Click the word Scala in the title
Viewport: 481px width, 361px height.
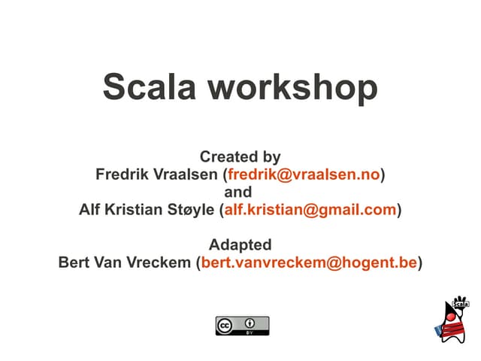[150, 86]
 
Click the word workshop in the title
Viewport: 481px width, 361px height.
[292, 86]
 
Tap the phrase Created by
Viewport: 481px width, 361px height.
[240, 157]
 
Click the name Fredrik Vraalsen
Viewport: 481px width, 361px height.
[156, 174]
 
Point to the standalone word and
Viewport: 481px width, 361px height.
[239, 192]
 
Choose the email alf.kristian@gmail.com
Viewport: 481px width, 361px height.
[310, 209]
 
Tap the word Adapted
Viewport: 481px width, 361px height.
[240, 244]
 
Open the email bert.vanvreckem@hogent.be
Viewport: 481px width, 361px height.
[309, 262]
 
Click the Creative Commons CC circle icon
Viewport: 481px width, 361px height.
[225, 325]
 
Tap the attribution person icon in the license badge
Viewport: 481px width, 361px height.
[250, 322]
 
